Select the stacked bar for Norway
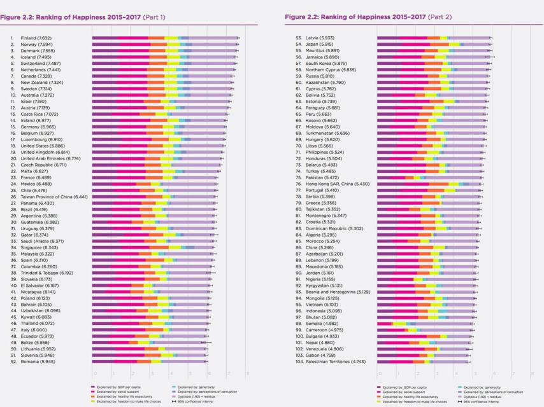tap(164, 45)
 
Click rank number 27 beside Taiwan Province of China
tap(12, 197)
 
